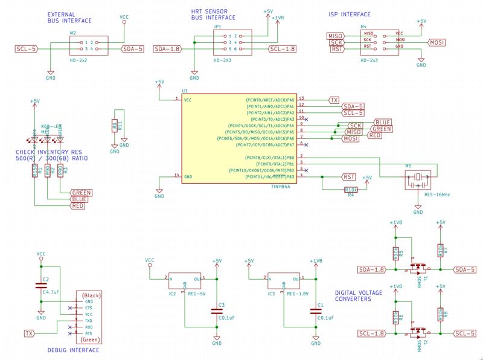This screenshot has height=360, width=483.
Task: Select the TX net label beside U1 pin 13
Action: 334,99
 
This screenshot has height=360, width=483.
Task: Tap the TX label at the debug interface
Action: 28,333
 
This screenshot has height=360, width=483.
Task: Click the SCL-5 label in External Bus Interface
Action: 27,48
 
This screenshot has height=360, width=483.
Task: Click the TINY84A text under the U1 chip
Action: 281,187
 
